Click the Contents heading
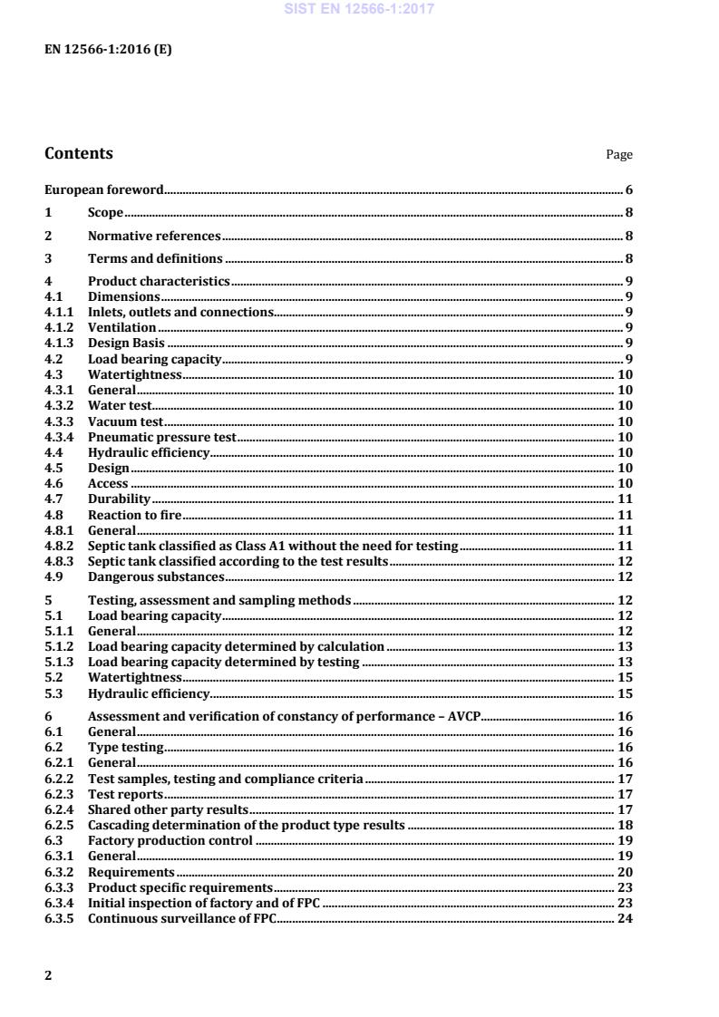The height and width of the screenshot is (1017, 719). coord(79,153)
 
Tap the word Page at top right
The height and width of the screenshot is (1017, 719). coord(619,155)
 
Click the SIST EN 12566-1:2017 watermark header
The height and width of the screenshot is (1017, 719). coord(359,9)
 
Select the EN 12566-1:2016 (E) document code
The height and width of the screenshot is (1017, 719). coord(108,50)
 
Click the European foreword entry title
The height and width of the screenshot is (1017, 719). coord(104,190)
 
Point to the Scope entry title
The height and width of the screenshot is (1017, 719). coord(105,213)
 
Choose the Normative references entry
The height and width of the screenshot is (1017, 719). coord(154,236)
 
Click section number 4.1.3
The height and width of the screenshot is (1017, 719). coord(60,342)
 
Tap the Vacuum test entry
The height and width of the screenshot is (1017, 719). coord(125,421)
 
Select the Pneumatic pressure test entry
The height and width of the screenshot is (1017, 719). coord(162,437)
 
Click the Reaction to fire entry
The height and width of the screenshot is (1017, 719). coord(136,515)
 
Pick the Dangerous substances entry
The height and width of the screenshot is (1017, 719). coord(156,577)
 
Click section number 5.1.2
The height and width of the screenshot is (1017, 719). coord(60,647)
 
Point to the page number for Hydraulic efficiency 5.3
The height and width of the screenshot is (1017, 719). coord(625,694)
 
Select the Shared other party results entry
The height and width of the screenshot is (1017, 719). coord(168,809)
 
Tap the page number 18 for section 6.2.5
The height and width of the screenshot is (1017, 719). coord(625,825)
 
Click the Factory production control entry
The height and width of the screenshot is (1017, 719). coord(170,840)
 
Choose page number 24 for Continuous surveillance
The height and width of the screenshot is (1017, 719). coord(625,918)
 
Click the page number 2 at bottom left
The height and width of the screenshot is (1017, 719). coord(48,975)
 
